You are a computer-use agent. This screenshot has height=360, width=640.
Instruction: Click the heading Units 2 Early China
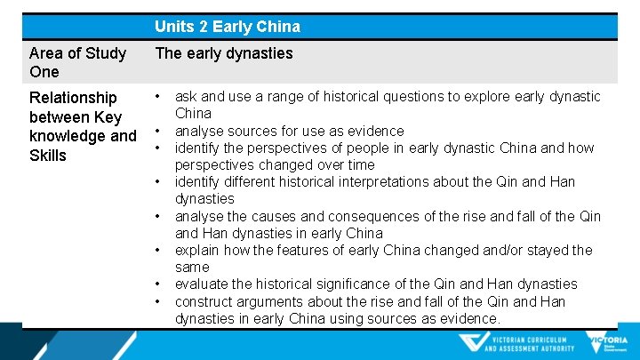coord(228,27)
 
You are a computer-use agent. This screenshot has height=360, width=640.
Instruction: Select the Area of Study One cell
coord(78,62)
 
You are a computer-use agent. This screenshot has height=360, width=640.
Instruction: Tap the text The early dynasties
coord(223,53)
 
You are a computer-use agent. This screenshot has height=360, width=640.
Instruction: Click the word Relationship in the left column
coord(73,97)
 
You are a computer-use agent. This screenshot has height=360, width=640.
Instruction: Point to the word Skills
coord(48,156)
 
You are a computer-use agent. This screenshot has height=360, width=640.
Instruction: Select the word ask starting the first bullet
coord(187,96)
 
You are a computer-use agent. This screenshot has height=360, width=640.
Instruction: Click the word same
coord(192,267)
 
